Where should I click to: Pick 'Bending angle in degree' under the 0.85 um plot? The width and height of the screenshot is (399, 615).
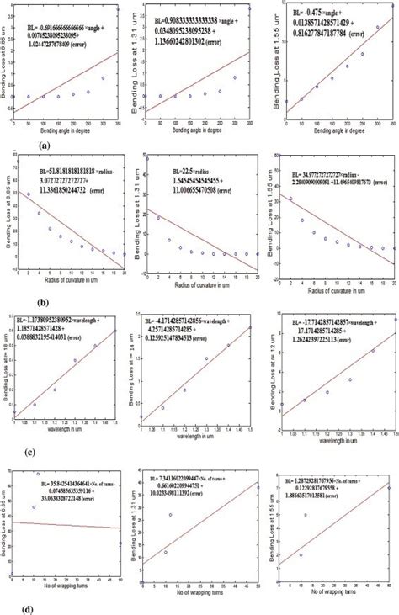[62, 133]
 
